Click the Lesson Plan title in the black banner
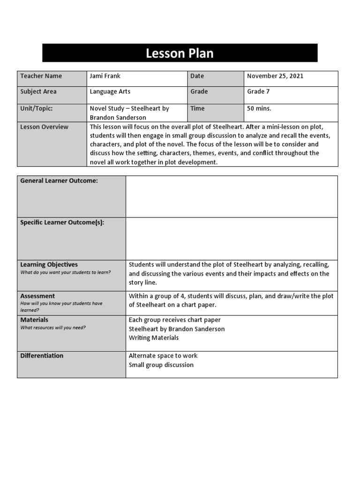[180, 53]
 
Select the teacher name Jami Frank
[105, 76]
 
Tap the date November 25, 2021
[275, 76]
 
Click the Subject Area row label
[38, 91]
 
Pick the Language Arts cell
[110, 91]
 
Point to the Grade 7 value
[258, 91]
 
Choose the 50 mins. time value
[259, 108]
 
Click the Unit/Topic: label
[37, 108]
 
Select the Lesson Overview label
[44, 127]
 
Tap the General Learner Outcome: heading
[59, 181]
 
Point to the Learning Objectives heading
[49, 264]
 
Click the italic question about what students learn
[66, 272]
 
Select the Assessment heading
[37, 296]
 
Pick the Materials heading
[34, 320]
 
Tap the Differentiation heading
[42, 355]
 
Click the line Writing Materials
[154, 337]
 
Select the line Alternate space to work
[163, 355]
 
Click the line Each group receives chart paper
[175, 320]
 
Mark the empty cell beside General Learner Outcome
[232, 196]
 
